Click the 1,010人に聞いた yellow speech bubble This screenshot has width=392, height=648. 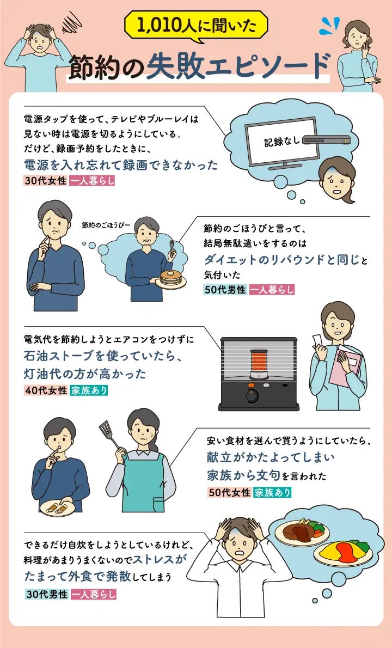pyautogui.click(x=196, y=26)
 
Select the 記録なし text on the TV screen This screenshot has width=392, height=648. pyautogui.click(x=281, y=142)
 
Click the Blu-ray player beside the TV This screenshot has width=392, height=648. pyautogui.click(x=326, y=140)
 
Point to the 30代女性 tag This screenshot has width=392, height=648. pyautogui.click(x=45, y=181)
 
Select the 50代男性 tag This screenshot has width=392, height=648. pyautogui.click(x=225, y=290)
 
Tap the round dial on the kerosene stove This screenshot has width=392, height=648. pyautogui.click(x=252, y=396)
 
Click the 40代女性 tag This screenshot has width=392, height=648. pyautogui.click(x=46, y=390)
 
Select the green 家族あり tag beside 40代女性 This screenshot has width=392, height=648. pyautogui.click(x=89, y=390)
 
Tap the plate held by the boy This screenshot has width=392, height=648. pyautogui.click(x=56, y=508)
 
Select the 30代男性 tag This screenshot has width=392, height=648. pyautogui.click(x=46, y=594)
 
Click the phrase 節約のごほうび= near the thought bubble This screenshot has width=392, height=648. pyautogui.click(x=106, y=224)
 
